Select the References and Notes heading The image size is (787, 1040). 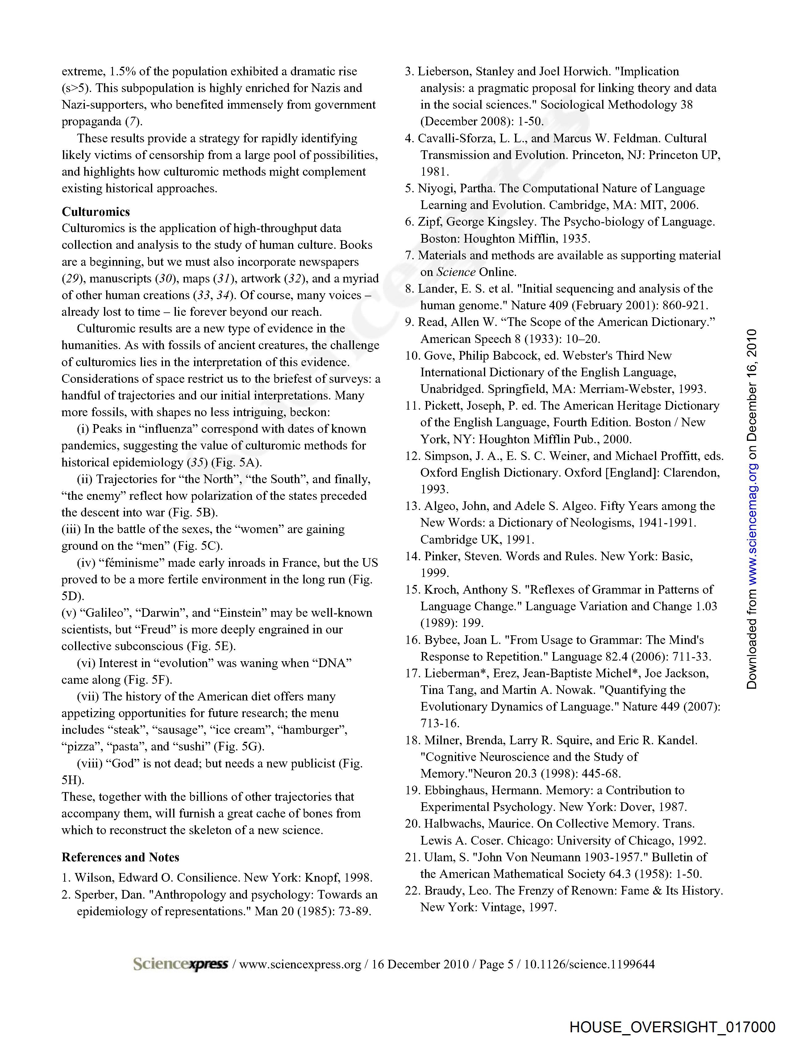(120, 857)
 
